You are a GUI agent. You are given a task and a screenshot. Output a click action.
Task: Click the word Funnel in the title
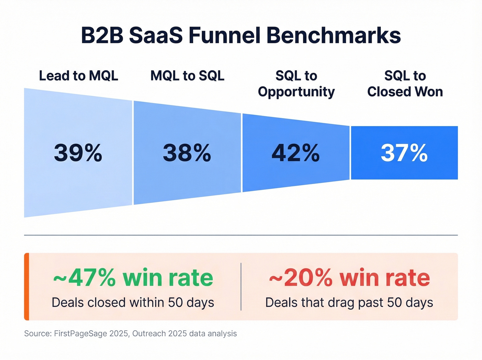224,35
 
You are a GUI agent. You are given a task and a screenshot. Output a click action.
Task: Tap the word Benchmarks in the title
334,35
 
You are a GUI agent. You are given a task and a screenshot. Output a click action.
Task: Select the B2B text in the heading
102,35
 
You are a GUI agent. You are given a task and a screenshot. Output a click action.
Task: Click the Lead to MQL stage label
78,76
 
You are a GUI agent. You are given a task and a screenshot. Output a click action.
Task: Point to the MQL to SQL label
187,76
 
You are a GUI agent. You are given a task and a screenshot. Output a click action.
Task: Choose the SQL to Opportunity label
296,84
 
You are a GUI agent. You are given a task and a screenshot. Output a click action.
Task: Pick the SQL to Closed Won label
405,84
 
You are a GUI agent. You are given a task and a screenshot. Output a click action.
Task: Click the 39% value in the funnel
78,153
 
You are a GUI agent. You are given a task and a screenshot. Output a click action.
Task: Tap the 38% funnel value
187,153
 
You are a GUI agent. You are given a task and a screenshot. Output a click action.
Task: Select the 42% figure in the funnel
296,153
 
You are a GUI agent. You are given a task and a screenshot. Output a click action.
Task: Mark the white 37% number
404,153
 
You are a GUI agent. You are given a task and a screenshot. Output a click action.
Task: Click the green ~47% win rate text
133,278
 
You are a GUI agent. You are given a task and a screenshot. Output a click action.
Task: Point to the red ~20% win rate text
349,278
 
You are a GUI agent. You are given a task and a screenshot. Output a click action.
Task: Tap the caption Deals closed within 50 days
133,302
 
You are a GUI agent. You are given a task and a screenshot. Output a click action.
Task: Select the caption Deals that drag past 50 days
349,302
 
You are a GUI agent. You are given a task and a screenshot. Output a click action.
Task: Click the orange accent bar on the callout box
27,287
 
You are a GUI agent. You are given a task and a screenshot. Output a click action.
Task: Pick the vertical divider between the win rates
241,287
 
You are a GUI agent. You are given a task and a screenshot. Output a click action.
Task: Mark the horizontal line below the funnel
241,235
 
